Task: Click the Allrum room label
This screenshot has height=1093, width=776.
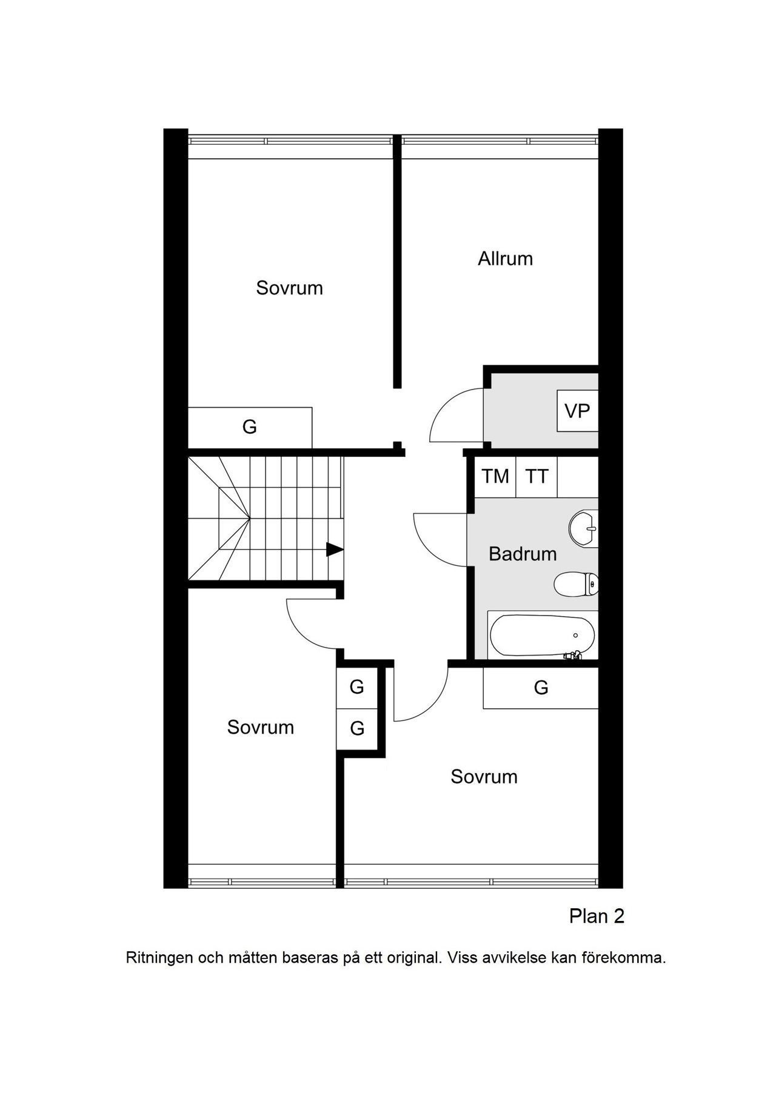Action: click(x=505, y=259)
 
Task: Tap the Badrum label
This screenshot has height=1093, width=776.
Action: click(x=523, y=554)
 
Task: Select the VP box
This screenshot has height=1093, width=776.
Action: click(x=578, y=411)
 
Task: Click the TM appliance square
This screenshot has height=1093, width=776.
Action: click(x=495, y=476)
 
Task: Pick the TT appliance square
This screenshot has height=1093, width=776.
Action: click(x=537, y=476)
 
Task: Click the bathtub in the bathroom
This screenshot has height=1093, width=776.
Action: click(x=542, y=636)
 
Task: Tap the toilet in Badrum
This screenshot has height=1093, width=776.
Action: click(x=576, y=584)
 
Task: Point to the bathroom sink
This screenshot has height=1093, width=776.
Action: click(x=583, y=528)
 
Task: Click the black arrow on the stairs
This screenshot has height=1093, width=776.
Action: click(x=335, y=550)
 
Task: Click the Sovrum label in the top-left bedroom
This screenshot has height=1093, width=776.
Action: click(x=289, y=288)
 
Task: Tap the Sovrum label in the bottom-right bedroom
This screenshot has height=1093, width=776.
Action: click(x=484, y=777)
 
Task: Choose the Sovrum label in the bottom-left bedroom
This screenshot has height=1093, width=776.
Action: click(x=261, y=727)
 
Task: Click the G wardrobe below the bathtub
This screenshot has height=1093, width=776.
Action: click(x=541, y=688)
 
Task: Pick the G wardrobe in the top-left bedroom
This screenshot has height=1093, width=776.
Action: click(x=250, y=427)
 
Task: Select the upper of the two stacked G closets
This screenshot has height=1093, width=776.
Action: click(x=357, y=687)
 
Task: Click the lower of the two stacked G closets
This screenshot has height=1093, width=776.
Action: click(x=357, y=728)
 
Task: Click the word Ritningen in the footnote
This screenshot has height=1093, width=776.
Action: click(x=159, y=958)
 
